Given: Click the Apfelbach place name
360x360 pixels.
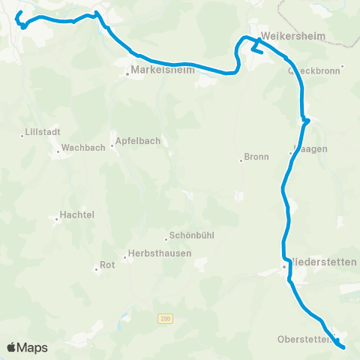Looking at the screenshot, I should coord(139,140).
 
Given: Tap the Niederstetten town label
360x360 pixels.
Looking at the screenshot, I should coord(323,262).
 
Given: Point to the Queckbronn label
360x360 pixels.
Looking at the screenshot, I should coord(315,72).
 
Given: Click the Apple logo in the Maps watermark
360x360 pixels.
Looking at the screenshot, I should coord(12,347).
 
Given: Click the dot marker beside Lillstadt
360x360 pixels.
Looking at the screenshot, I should coord(22,135).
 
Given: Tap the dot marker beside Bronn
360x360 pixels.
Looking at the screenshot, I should coord(240,160).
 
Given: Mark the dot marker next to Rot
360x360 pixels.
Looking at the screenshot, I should coord(96,268).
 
